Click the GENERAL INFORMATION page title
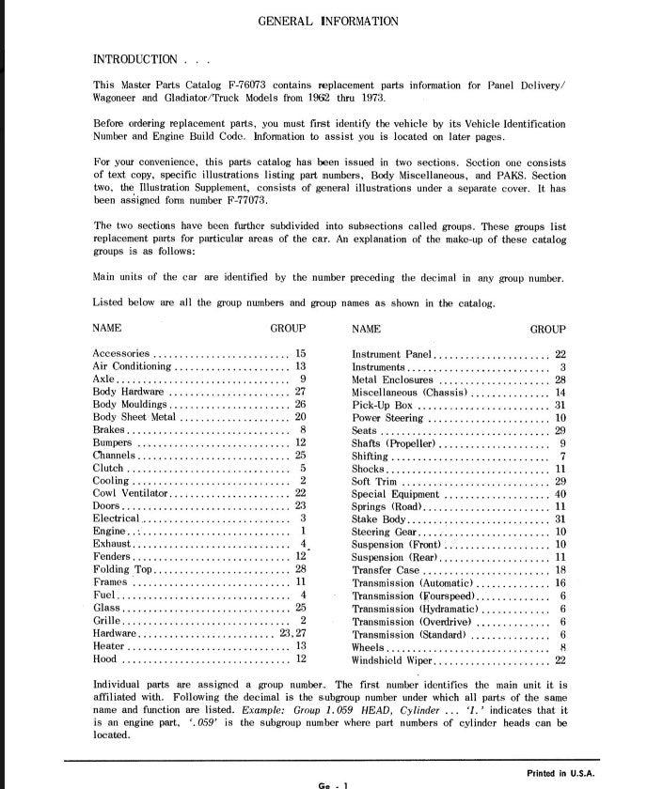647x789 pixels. click(327, 21)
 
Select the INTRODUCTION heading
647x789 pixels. click(134, 59)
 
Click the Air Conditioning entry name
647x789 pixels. click(133, 366)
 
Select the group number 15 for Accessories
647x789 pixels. click(300, 354)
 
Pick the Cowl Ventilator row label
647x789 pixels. click(130, 492)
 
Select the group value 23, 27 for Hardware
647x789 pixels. click(293, 633)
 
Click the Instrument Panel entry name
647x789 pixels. click(391, 354)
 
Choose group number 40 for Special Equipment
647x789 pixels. click(560, 493)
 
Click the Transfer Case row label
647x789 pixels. click(386, 569)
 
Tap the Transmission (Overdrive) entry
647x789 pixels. click(409, 621)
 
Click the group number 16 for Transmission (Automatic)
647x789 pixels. click(560, 582)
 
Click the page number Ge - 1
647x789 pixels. click(333, 783)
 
